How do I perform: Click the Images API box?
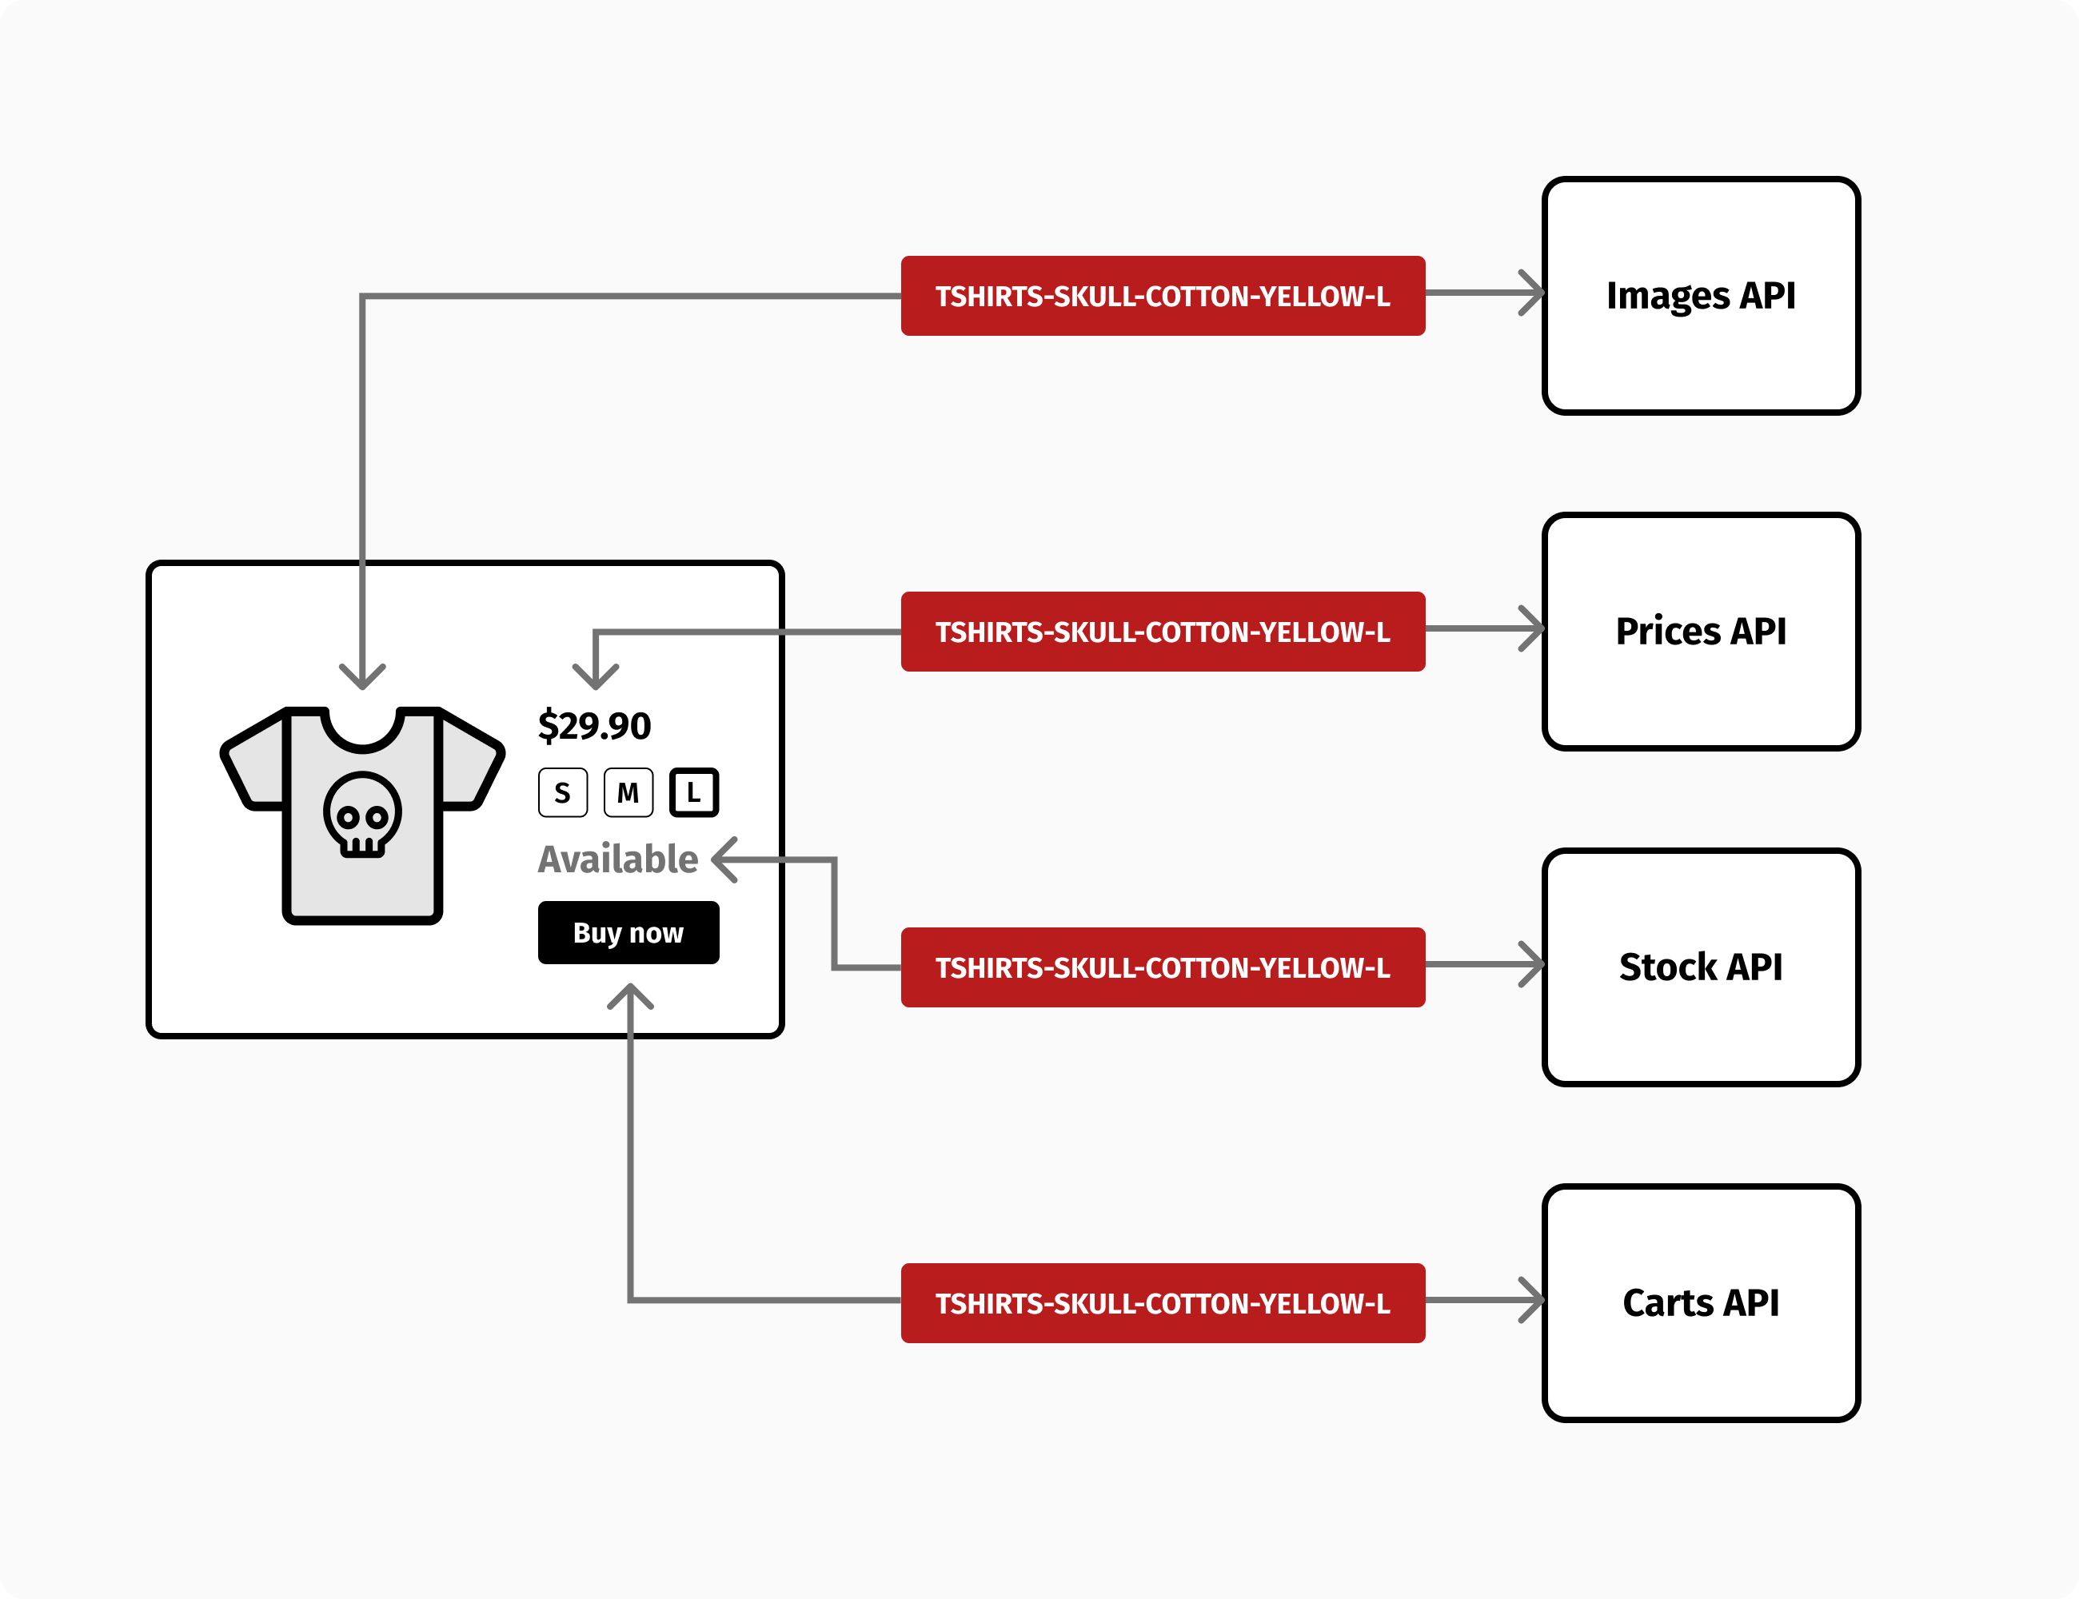[x=1700, y=296]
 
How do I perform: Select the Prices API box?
[x=1700, y=632]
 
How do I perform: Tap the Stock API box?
[x=1700, y=967]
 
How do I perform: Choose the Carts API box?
[x=1700, y=1303]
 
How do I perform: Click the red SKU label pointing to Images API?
[x=1163, y=296]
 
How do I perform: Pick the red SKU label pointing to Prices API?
[x=1163, y=632]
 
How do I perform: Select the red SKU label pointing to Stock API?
[x=1163, y=967]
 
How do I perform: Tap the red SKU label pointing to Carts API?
[x=1163, y=1303]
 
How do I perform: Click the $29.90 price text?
[x=594, y=726]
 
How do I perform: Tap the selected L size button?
[x=694, y=792]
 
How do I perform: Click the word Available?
[x=618, y=859]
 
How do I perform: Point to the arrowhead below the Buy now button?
[x=630, y=996]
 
